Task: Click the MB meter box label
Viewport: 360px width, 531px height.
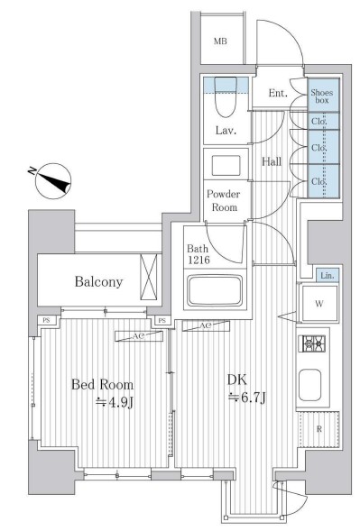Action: [220, 41]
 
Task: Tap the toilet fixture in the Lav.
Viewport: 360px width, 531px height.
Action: [226, 97]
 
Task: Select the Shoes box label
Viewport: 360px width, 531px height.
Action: [322, 96]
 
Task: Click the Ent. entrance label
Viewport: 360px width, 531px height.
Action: [278, 93]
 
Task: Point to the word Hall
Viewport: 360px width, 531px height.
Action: [272, 161]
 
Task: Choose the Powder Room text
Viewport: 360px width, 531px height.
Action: [224, 200]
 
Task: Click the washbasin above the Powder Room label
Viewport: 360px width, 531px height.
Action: [226, 166]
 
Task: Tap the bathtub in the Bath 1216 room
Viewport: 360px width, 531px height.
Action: [215, 290]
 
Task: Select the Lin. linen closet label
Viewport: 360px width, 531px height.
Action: [328, 276]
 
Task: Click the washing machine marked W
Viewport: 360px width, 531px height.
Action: [319, 304]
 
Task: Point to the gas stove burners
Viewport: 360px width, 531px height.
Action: [314, 343]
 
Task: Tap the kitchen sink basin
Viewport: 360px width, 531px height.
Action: [309, 385]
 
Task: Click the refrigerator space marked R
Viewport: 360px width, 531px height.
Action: [319, 429]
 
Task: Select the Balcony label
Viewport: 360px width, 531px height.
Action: [98, 282]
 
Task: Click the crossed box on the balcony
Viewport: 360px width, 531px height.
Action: [149, 277]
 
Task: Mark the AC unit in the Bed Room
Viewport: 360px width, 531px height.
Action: [139, 336]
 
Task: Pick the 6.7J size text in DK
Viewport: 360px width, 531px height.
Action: [247, 397]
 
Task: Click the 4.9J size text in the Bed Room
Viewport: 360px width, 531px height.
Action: [115, 402]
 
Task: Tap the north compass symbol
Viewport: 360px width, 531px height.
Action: [53, 181]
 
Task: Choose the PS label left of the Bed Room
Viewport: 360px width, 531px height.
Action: [46, 320]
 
